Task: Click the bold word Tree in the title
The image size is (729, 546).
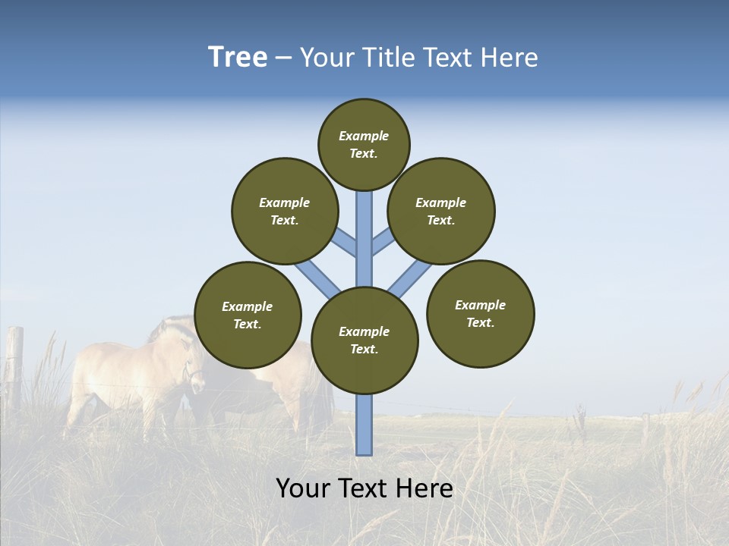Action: point(238,58)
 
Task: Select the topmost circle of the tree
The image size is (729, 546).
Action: point(364,144)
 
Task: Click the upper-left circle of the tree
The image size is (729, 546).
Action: point(284,211)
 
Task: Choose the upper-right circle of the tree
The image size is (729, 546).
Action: point(440,211)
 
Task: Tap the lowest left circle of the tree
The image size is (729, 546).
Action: point(248,315)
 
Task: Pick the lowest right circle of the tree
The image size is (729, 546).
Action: point(480,313)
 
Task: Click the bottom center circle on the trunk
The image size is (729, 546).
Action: point(364,340)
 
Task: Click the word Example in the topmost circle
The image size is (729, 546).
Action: point(364,136)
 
